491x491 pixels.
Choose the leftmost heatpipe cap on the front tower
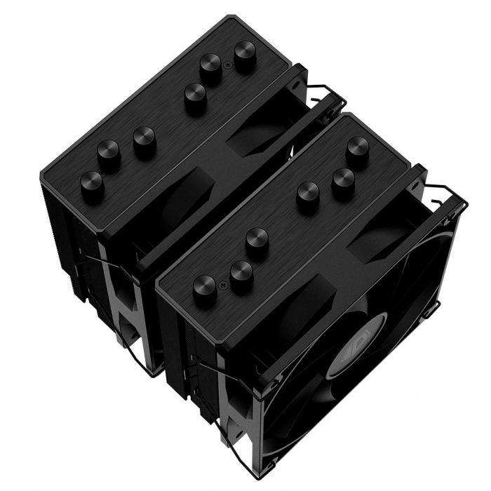(x=204, y=285)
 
